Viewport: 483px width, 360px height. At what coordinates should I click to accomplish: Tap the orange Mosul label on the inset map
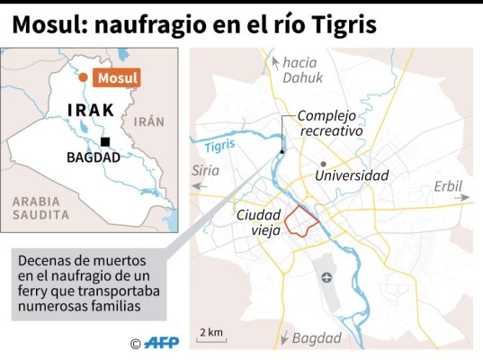pos(117,77)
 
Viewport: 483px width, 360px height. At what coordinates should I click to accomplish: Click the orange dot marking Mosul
pos(83,78)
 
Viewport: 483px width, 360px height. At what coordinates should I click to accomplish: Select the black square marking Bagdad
pos(106,142)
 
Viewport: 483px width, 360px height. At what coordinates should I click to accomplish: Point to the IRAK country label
pos(91,111)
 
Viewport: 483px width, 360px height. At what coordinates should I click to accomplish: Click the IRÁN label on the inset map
pos(148,121)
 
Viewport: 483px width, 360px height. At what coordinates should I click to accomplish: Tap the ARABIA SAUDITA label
pos(40,208)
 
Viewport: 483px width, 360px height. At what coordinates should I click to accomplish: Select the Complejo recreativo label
pos(330,123)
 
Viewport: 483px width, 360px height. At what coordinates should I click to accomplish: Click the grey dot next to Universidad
pos(322,165)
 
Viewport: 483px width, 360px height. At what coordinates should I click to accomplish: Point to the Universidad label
pos(352,176)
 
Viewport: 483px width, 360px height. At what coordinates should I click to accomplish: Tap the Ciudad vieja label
pos(259,221)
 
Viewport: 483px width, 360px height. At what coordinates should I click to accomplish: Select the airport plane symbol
pos(326,276)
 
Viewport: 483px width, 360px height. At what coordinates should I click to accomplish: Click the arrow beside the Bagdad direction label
pos(284,337)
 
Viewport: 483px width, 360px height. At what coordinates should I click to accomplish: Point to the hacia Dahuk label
pos(300,69)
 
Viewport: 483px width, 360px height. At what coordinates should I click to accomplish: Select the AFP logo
pos(163,343)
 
